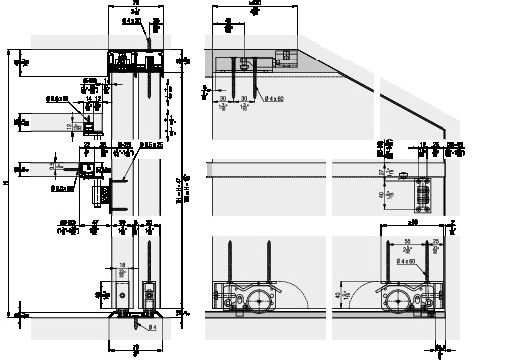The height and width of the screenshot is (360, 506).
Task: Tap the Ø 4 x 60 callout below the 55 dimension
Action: (404, 260)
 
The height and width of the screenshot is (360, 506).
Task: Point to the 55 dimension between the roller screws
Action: (407, 242)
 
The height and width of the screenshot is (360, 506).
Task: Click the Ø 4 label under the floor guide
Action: (152, 326)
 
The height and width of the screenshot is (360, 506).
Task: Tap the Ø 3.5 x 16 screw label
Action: (61, 97)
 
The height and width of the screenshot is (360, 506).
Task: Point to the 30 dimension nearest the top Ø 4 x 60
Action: (245, 100)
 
